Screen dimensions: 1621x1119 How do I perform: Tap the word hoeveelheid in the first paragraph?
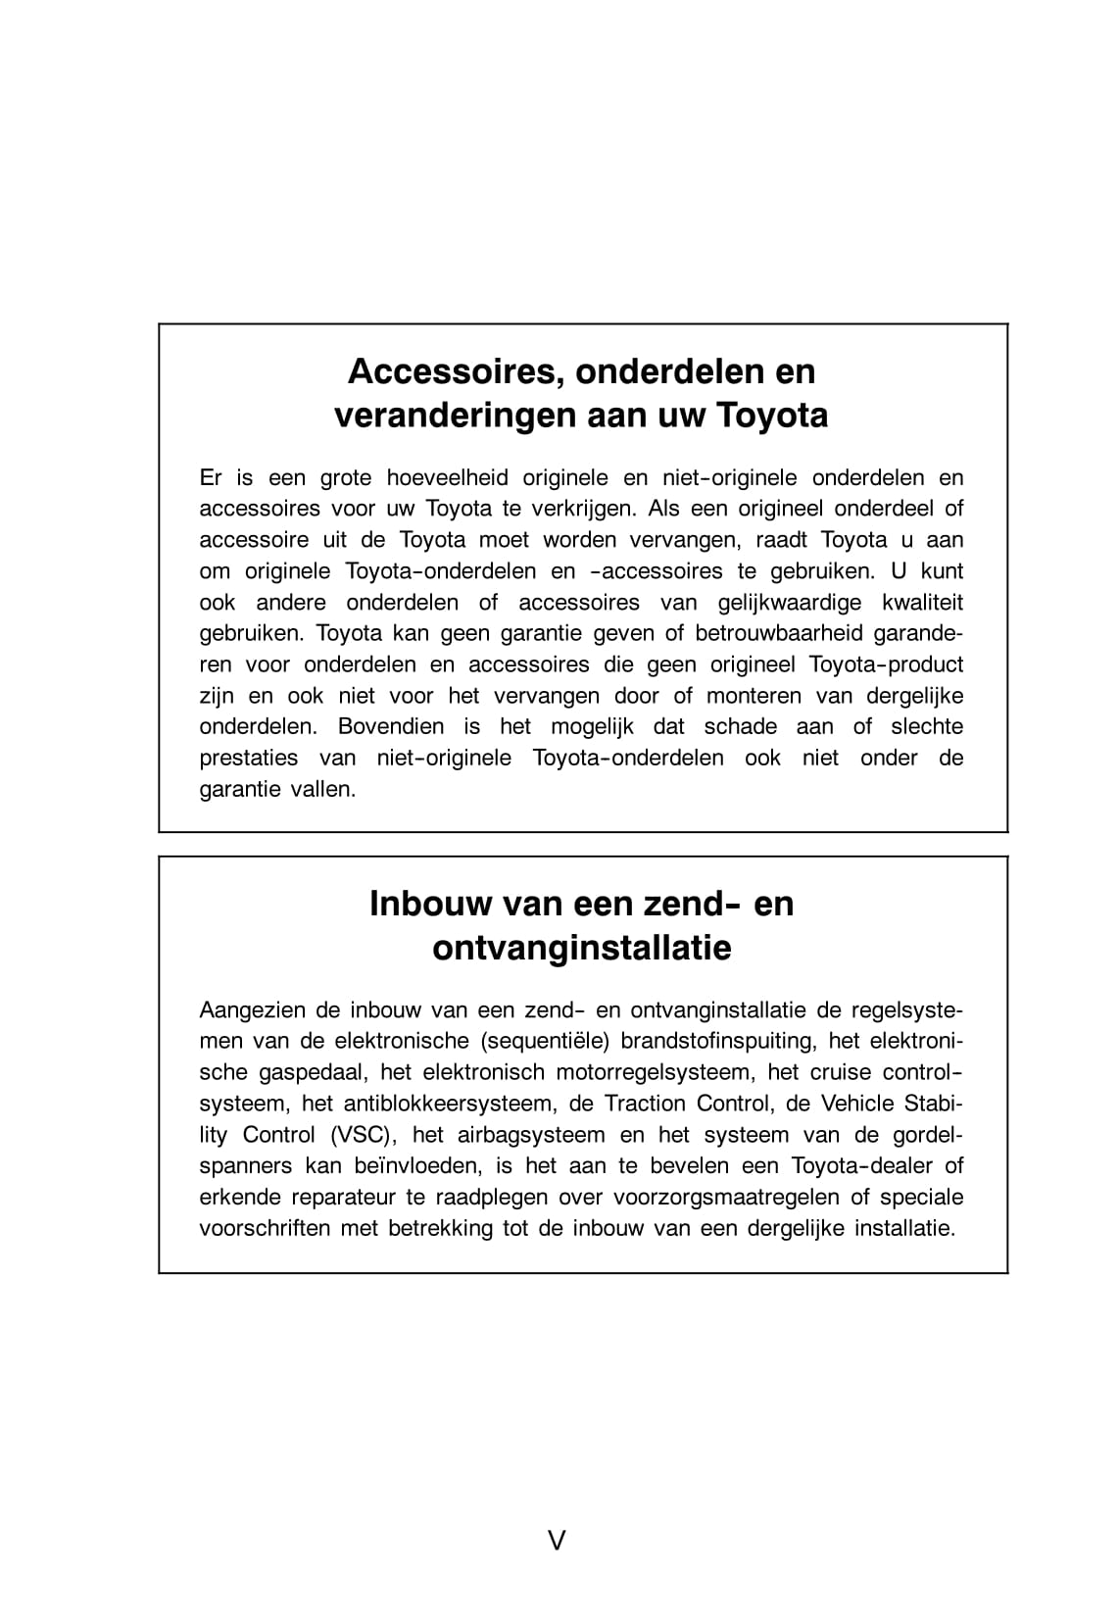pos(448,477)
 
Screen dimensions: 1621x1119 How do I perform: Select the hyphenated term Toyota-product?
pos(886,664)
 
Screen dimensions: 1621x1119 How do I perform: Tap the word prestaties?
pos(249,758)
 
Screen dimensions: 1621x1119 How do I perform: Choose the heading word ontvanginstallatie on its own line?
pos(582,949)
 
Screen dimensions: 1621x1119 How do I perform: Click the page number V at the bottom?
pos(557,1541)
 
